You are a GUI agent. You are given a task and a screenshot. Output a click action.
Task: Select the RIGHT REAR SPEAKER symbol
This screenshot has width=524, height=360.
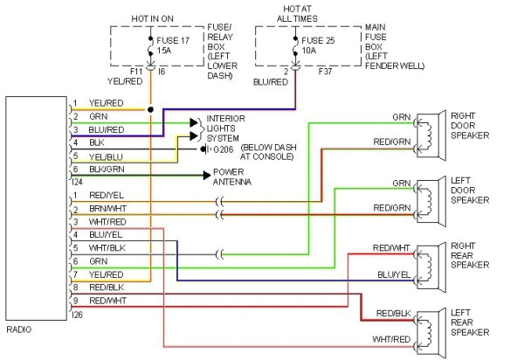[x=427, y=260]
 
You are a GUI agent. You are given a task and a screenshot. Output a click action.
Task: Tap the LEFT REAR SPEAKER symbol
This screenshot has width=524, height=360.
[x=427, y=324]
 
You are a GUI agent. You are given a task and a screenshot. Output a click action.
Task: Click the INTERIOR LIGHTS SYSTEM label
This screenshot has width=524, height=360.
[x=225, y=127]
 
